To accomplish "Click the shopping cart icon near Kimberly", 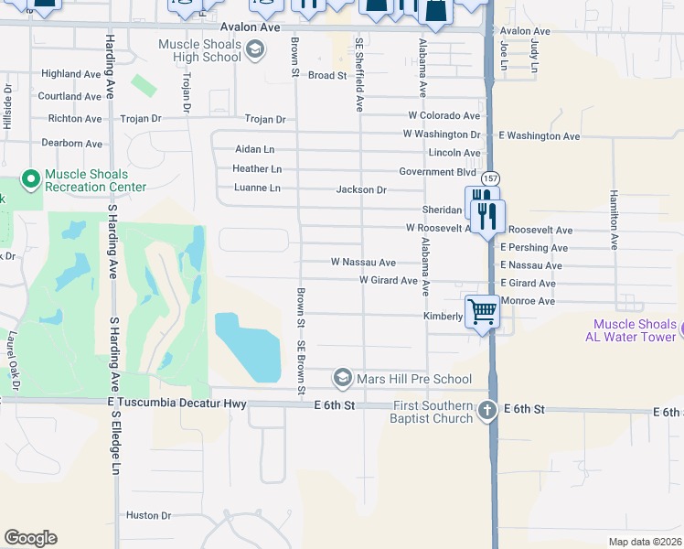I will tap(482, 311).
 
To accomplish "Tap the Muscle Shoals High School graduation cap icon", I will tap(256, 50).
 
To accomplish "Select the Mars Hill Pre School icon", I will tap(342, 378).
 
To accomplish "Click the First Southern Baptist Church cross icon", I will tap(487, 412).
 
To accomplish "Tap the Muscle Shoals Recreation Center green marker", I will tap(30, 180).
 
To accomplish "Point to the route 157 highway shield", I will tap(491, 178).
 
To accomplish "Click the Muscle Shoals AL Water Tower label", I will tap(635, 330).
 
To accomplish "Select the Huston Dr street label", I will tap(148, 515).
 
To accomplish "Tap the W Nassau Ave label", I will tap(363, 263).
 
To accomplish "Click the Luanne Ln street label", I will tap(257, 188).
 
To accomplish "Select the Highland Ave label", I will tap(71, 74).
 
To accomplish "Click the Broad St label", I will tap(327, 76).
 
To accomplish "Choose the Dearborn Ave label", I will tap(71, 144).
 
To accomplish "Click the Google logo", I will tap(30, 538).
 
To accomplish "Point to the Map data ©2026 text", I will tap(645, 542).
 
